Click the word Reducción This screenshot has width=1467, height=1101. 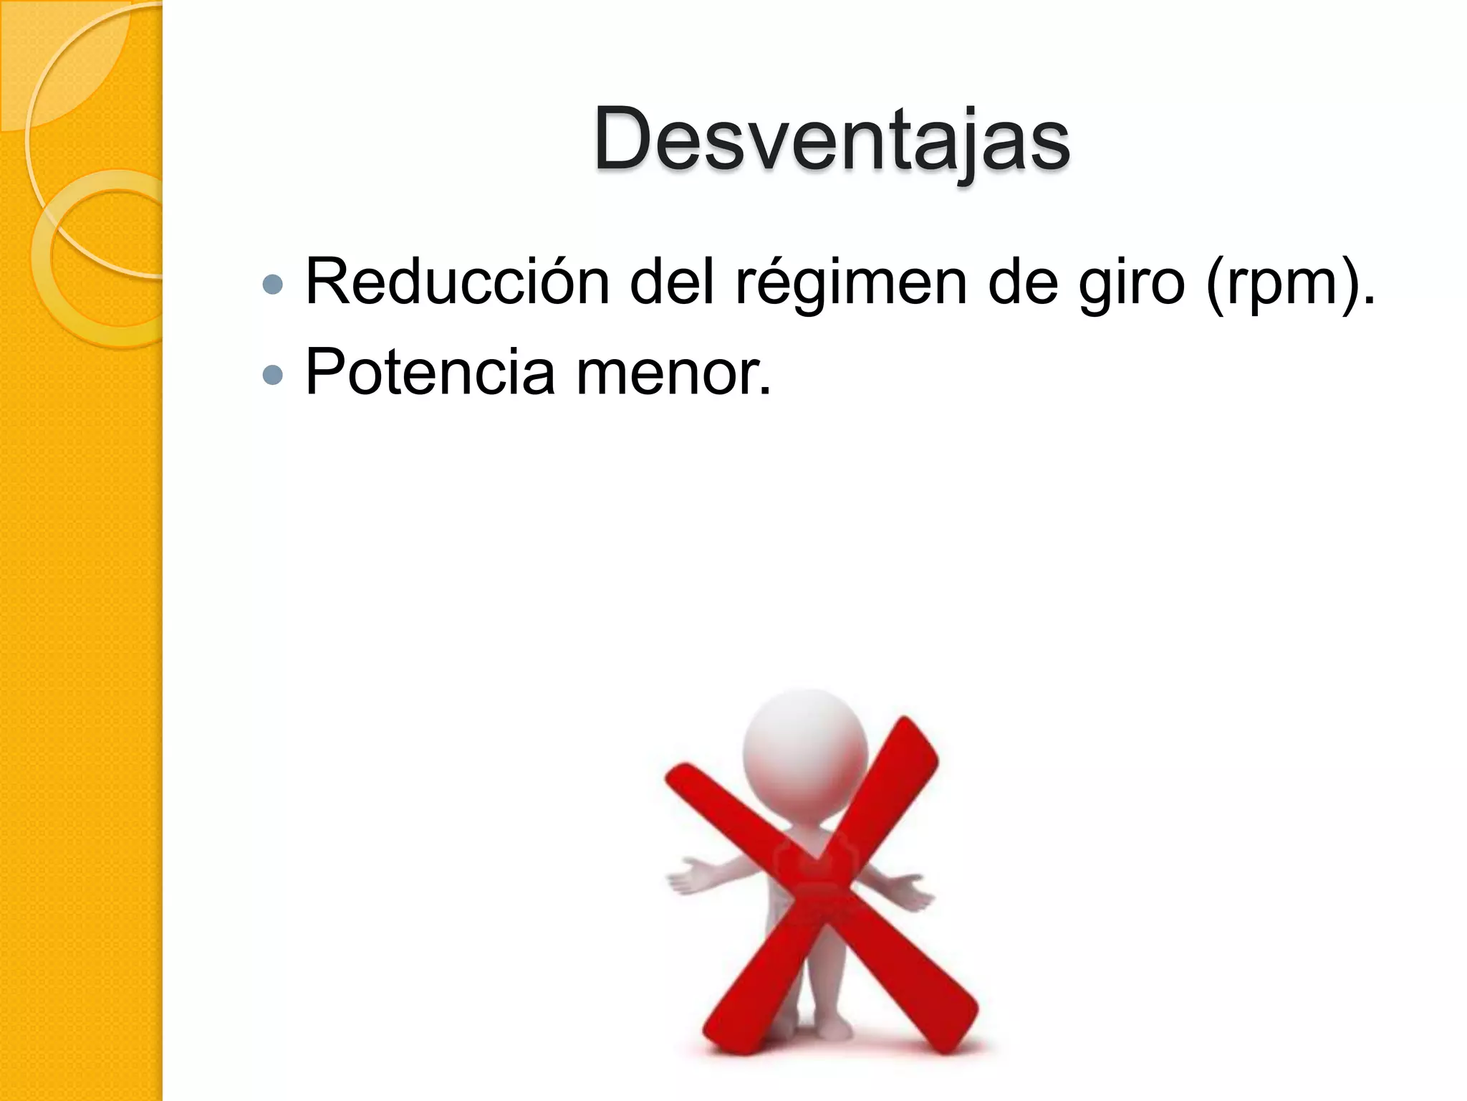click(457, 282)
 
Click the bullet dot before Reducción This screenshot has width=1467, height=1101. click(273, 285)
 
